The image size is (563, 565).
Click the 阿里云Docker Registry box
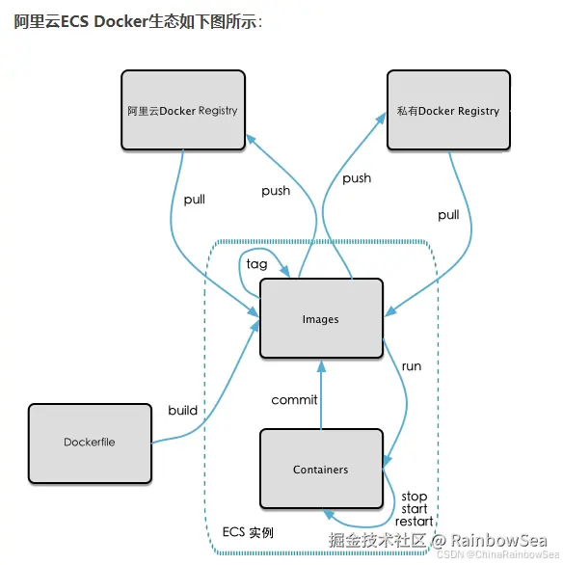click(x=183, y=110)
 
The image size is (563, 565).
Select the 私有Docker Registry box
click(x=448, y=110)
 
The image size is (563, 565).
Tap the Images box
click(x=321, y=318)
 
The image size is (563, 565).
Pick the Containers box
click(x=321, y=469)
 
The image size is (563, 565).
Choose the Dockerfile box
click(x=90, y=444)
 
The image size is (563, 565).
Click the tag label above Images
click(x=256, y=264)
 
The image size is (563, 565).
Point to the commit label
click(x=294, y=399)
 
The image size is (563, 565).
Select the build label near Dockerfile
click(x=182, y=410)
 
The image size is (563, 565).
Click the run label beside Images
click(x=412, y=366)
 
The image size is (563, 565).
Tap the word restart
click(x=414, y=522)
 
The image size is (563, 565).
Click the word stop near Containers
click(x=415, y=497)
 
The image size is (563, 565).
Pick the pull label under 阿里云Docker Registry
click(x=195, y=200)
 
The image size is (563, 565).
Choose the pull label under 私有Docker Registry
click(x=448, y=215)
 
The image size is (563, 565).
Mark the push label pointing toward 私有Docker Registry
click(x=357, y=178)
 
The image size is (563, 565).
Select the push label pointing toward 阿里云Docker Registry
click(x=276, y=191)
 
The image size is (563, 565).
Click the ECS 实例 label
click(x=248, y=532)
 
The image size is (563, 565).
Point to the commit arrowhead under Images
click(x=321, y=366)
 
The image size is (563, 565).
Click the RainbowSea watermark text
click(x=499, y=541)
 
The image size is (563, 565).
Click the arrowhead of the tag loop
click(x=285, y=271)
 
